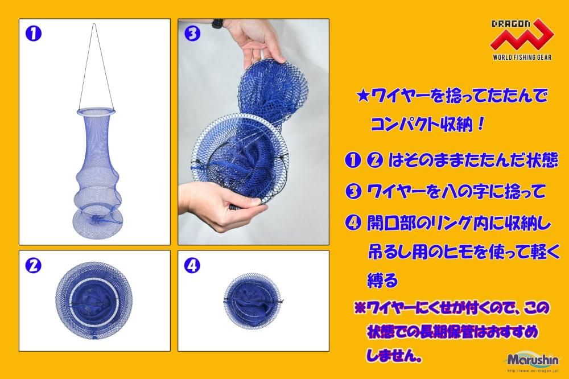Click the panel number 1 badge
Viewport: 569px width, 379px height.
coord(34,34)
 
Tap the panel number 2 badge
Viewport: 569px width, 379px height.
coord(34,265)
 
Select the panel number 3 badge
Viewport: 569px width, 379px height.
coord(192,34)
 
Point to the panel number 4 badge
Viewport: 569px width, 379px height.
coord(192,265)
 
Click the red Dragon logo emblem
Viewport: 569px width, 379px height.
coord(522,36)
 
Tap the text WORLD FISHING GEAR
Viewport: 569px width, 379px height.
coord(522,57)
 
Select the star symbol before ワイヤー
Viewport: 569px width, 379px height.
coord(363,97)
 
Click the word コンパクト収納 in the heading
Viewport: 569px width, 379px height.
coord(422,125)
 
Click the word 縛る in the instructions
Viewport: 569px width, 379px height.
coord(383,280)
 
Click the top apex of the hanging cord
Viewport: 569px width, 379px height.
coord(94,23)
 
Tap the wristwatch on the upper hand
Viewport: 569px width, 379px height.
coord(217,23)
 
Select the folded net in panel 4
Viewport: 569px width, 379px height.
coord(253,301)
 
